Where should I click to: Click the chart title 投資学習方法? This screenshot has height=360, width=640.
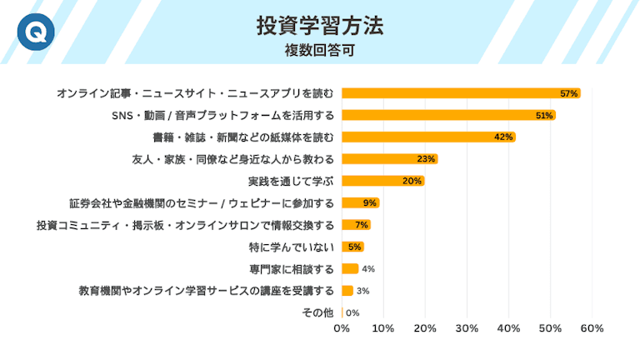coord(320,26)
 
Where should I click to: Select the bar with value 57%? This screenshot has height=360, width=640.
coord(460,93)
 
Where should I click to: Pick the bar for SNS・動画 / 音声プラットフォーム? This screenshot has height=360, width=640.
coord(447,115)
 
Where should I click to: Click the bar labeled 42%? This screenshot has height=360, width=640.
coord(428,137)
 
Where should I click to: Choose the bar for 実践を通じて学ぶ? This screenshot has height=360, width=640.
coord(382,181)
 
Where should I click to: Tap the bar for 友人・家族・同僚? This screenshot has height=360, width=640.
coord(389,159)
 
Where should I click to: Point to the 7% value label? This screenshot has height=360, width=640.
coord(362,225)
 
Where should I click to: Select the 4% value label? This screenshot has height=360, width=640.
coord(368,268)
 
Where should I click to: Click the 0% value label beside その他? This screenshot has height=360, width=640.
coord(352,312)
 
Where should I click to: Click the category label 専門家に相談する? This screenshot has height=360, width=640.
coord(292,268)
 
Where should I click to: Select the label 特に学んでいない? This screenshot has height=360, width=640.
coord(292,247)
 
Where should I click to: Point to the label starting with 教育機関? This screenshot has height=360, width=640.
coord(206,291)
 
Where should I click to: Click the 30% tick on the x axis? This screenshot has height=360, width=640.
coord(467,329)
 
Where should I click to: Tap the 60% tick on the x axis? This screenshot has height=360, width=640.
coord(592,329)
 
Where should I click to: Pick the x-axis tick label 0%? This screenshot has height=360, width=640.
coord(342,329)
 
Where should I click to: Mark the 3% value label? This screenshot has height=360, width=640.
coord(363,291)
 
